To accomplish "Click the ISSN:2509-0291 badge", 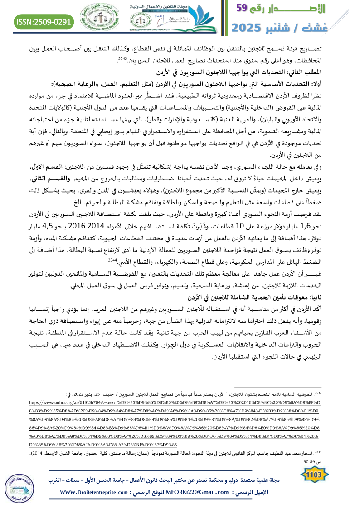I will click(44, 21).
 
